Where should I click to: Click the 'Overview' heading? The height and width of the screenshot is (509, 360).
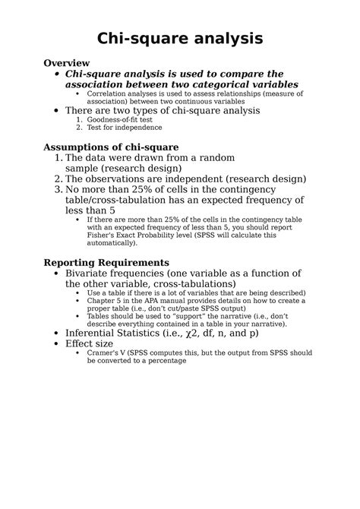coord(67,62)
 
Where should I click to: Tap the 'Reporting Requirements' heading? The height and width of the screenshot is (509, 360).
coord(106,262)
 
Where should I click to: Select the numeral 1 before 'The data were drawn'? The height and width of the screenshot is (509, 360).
coord(58,157)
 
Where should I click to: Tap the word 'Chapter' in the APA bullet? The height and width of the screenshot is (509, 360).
coord(101,301)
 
